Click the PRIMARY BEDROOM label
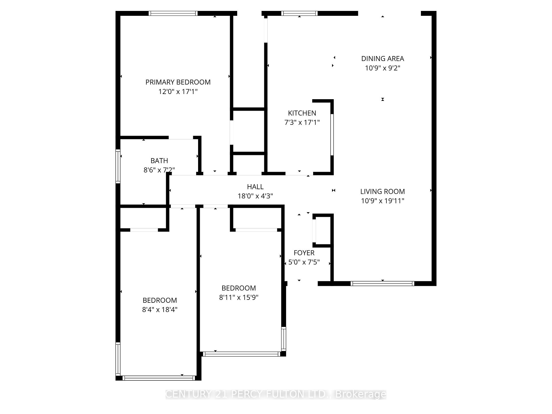pyautogui.click(x=178, y=82)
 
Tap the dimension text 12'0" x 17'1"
pyautogui.click(x=178, y=92)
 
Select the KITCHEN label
pyautogui.click(x=302, y=113)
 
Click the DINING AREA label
pyautogui.click(x=382, y=59)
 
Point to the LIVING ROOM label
pyautogui.click(x=382, y=191)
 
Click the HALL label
pyautogui.click(x=255, y=187)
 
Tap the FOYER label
pyautogui.click(x=304, y=253)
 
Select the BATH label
pyautogui.click(x=159, y=161)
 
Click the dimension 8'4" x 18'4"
pyautogui.click(x=160, y=310)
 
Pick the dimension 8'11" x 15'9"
pyautogui.click(x=239, y=297)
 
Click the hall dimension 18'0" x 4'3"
pyautogui.click(x=255, y=196)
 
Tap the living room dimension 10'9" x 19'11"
pyautogui.click(x=382, y=201)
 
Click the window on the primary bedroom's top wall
pyautogui.click(x=173, y=13)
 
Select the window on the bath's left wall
pyautogui.click(x=118, y=166)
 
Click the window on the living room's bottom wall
pyautogui.click(x=382, y=283)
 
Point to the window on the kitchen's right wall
pyautogui.click(x=332, y=135)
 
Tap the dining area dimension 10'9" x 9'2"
pyautogui.click(x=382, y=68)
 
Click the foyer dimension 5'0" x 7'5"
pyautogui.click(x=304, y=262)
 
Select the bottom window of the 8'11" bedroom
pyautogui.click(x=241, y=354)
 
